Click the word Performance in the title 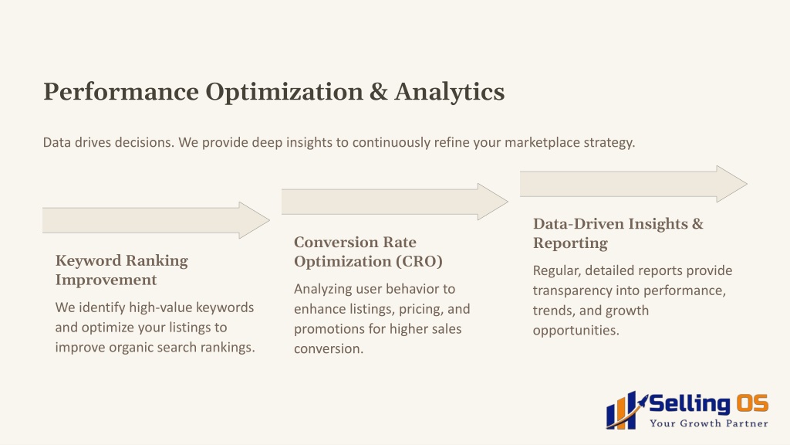(121, 92)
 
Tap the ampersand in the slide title (378, 92)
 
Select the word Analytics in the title (450, 93)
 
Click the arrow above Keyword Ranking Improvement (156, 220)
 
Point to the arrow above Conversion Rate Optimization (394, 202)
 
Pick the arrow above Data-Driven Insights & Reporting (633, 184)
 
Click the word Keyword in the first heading (87, 261)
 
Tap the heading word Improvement (106, 280)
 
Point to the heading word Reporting (570, 243)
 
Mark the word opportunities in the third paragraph (576, 331)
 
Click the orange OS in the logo (752, 403)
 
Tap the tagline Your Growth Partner (709, 423)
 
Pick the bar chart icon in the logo (625, 411)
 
